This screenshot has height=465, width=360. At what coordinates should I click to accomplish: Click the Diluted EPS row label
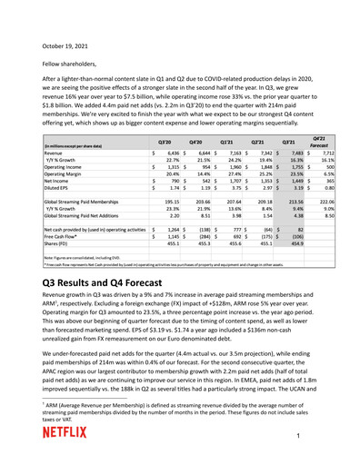[61, 197]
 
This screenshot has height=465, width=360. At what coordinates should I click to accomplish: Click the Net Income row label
[59, 188]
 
